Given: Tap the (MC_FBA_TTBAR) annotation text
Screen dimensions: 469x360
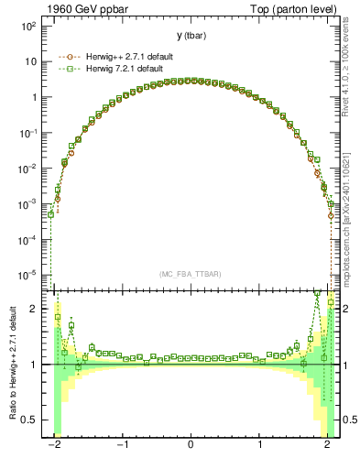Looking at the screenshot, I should coord(190,274).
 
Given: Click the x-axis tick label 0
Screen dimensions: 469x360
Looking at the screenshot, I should coord(190,446).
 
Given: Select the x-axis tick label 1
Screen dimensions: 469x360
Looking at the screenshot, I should coord(260,446).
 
